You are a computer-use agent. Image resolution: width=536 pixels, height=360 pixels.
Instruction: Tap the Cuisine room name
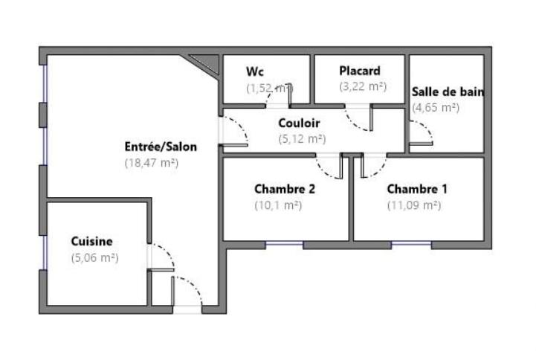click(x=91, y=241)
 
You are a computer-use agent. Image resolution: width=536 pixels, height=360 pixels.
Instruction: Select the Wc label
click(x=256, y=71)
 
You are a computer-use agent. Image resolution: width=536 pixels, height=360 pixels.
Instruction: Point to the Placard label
click(x=360, y=71)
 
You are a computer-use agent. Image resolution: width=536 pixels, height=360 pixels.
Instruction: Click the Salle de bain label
click(x=448, y=92)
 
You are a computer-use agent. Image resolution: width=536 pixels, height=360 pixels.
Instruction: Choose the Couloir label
click(x=299, y=123)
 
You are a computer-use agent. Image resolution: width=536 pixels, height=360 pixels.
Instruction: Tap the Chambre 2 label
click(x=285, y=189)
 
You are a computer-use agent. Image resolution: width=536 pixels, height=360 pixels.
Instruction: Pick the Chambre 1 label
click(x=417, y=189)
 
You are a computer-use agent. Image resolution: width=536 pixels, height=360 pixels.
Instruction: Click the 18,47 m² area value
click(x=152, y=162)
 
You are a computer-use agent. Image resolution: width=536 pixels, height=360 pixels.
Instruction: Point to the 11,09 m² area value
click(x=414, y=205)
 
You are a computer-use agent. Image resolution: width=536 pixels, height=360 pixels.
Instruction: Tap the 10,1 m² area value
click(x=277, y=205)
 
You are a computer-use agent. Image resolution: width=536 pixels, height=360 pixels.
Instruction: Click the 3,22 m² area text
click(x=363, y=87)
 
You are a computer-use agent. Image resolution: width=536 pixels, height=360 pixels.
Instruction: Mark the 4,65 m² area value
click(x=436, y=108)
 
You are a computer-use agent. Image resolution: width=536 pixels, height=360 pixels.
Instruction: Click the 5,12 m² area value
click(x=302, y=139)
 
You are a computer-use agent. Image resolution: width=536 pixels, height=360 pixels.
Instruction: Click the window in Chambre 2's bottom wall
click(x=285, y=244)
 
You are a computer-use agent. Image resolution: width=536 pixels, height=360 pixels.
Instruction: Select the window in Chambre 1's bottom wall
click(x=411, y=244)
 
